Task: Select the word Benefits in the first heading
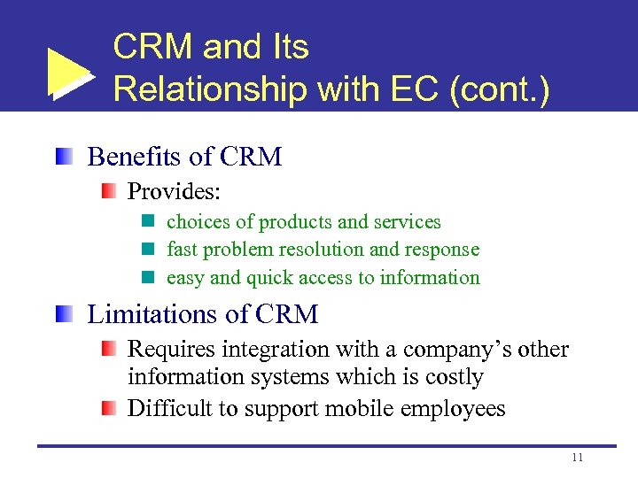(x=136, y=157)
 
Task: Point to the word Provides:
(x=175, y=191)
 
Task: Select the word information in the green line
(x=430, y=277)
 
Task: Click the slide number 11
(x=577, y=458)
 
